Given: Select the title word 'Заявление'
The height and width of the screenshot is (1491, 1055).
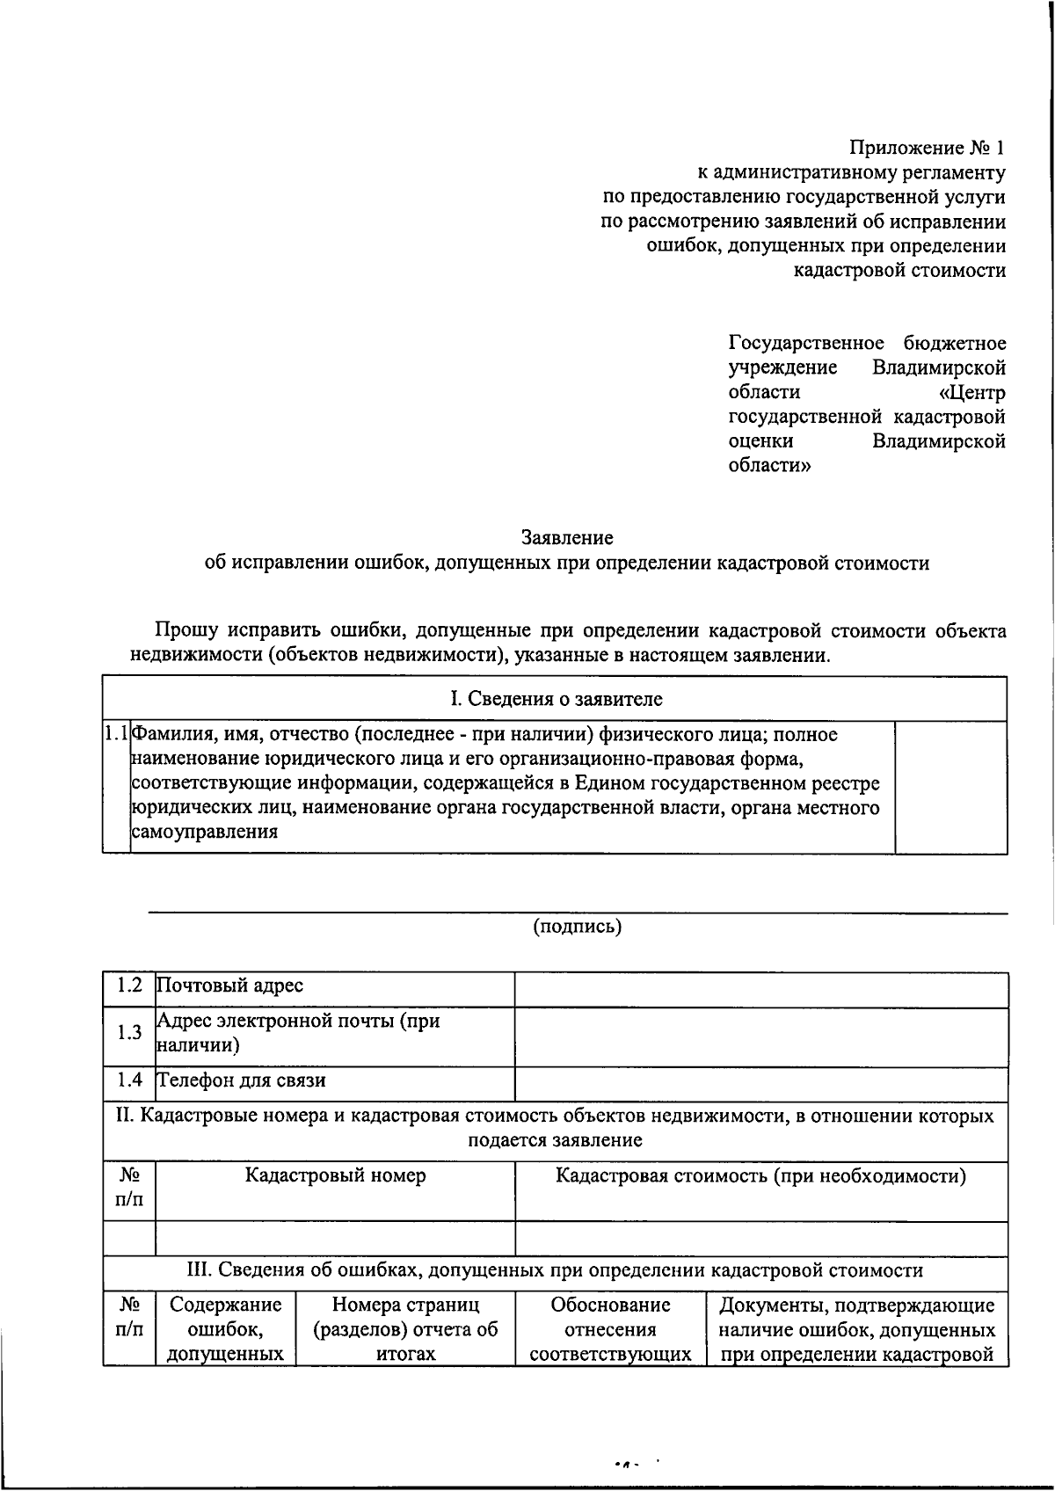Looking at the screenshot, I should [x=567, y=537].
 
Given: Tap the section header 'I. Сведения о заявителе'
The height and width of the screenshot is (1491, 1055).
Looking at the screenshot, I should [x=556, y=699].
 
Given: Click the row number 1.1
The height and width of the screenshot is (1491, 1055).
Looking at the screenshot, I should [x=116, y=733].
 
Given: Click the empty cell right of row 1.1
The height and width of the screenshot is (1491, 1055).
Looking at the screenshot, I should [x=950, y=787].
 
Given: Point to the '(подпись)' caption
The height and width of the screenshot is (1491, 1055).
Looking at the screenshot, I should [x=578, y=926].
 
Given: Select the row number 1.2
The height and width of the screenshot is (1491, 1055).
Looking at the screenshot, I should [x=129, y=985].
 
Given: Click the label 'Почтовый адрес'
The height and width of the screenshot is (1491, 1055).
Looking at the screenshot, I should [x=229, y=986].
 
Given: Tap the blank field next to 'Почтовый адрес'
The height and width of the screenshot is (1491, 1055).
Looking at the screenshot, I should [x=760, y=990].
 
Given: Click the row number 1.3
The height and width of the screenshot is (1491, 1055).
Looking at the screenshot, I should [x=129, y=1033].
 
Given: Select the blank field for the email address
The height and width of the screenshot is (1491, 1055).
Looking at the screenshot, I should [x=760, y=1037].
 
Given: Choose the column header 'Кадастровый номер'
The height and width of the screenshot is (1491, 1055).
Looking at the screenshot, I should [x=335, y=1175].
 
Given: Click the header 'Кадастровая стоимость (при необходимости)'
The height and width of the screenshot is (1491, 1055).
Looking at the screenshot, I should [x=760, y=1175].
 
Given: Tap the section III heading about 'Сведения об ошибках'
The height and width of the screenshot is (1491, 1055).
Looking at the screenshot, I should [x=556, y=1269].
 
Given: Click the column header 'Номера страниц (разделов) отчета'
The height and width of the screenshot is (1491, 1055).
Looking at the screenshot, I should [x=405, y=1328].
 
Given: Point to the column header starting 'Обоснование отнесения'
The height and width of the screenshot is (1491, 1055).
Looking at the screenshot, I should [x=610, y=1328].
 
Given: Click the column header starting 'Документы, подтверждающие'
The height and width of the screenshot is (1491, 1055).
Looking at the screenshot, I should [x=856, y=1328].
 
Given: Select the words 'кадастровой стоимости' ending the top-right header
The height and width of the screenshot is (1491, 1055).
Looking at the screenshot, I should [x=899, y=270].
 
